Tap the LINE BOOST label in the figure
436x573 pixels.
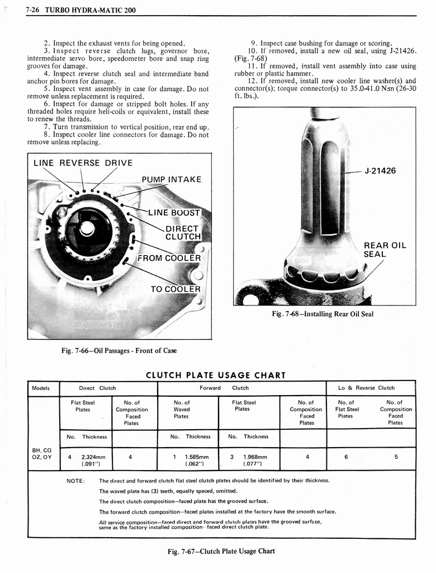coord(174,213)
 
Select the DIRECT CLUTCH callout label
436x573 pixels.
coord(183,232)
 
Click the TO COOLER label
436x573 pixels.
coord(175,289)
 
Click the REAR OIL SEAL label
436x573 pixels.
coord(385,250)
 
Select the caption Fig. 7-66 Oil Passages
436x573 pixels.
coord(119,351)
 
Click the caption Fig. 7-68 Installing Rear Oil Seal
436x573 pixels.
coord(322,314)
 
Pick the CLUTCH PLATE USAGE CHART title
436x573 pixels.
coord(215,375)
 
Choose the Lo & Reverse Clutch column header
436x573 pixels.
coord(366,388)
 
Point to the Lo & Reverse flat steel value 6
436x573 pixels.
coord(346,457)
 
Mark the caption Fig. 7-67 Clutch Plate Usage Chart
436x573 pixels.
coord(221,551)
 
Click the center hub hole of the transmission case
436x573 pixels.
coord(87,228)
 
